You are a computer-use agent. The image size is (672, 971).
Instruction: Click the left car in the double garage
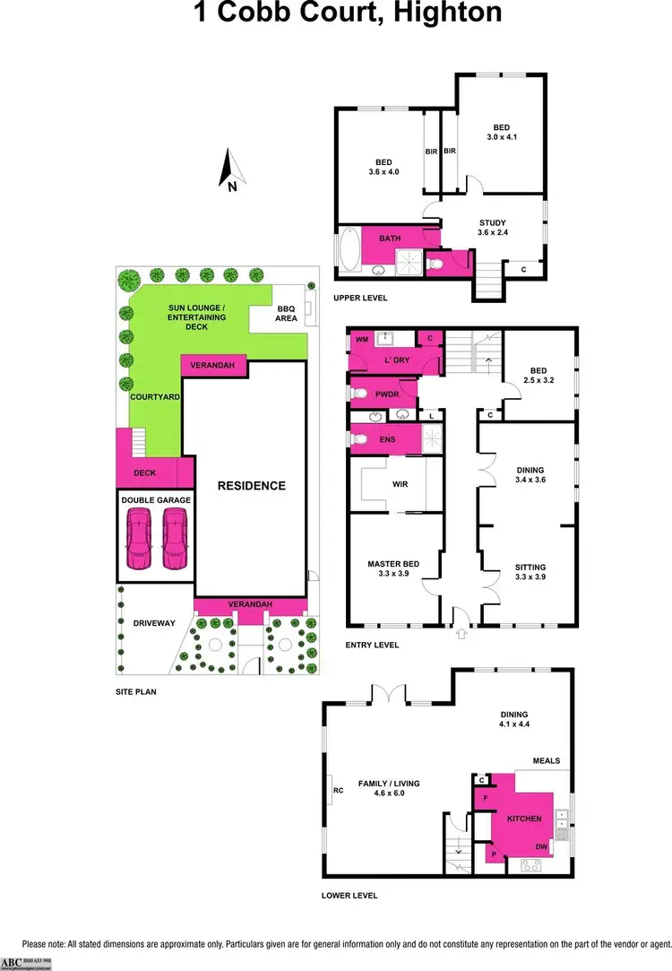[x=140, y=538]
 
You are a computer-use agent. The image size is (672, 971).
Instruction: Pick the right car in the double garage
[x=174, y=538]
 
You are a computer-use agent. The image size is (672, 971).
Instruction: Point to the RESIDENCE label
[x=251, y=486]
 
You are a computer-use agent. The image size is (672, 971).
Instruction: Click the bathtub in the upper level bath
[x=349, y=250]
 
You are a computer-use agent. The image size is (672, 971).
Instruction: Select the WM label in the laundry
[x=362, y=340]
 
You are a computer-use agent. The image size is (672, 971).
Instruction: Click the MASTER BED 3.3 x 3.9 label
[x=392, y=568]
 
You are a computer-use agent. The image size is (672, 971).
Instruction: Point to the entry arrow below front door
[x=462, y=633]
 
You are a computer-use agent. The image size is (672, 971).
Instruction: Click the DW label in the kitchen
[x=541, y=846]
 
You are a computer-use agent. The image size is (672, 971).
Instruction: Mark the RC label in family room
[x=338, y=790]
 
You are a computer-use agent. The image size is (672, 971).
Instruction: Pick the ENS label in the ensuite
[x=385, y=439]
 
